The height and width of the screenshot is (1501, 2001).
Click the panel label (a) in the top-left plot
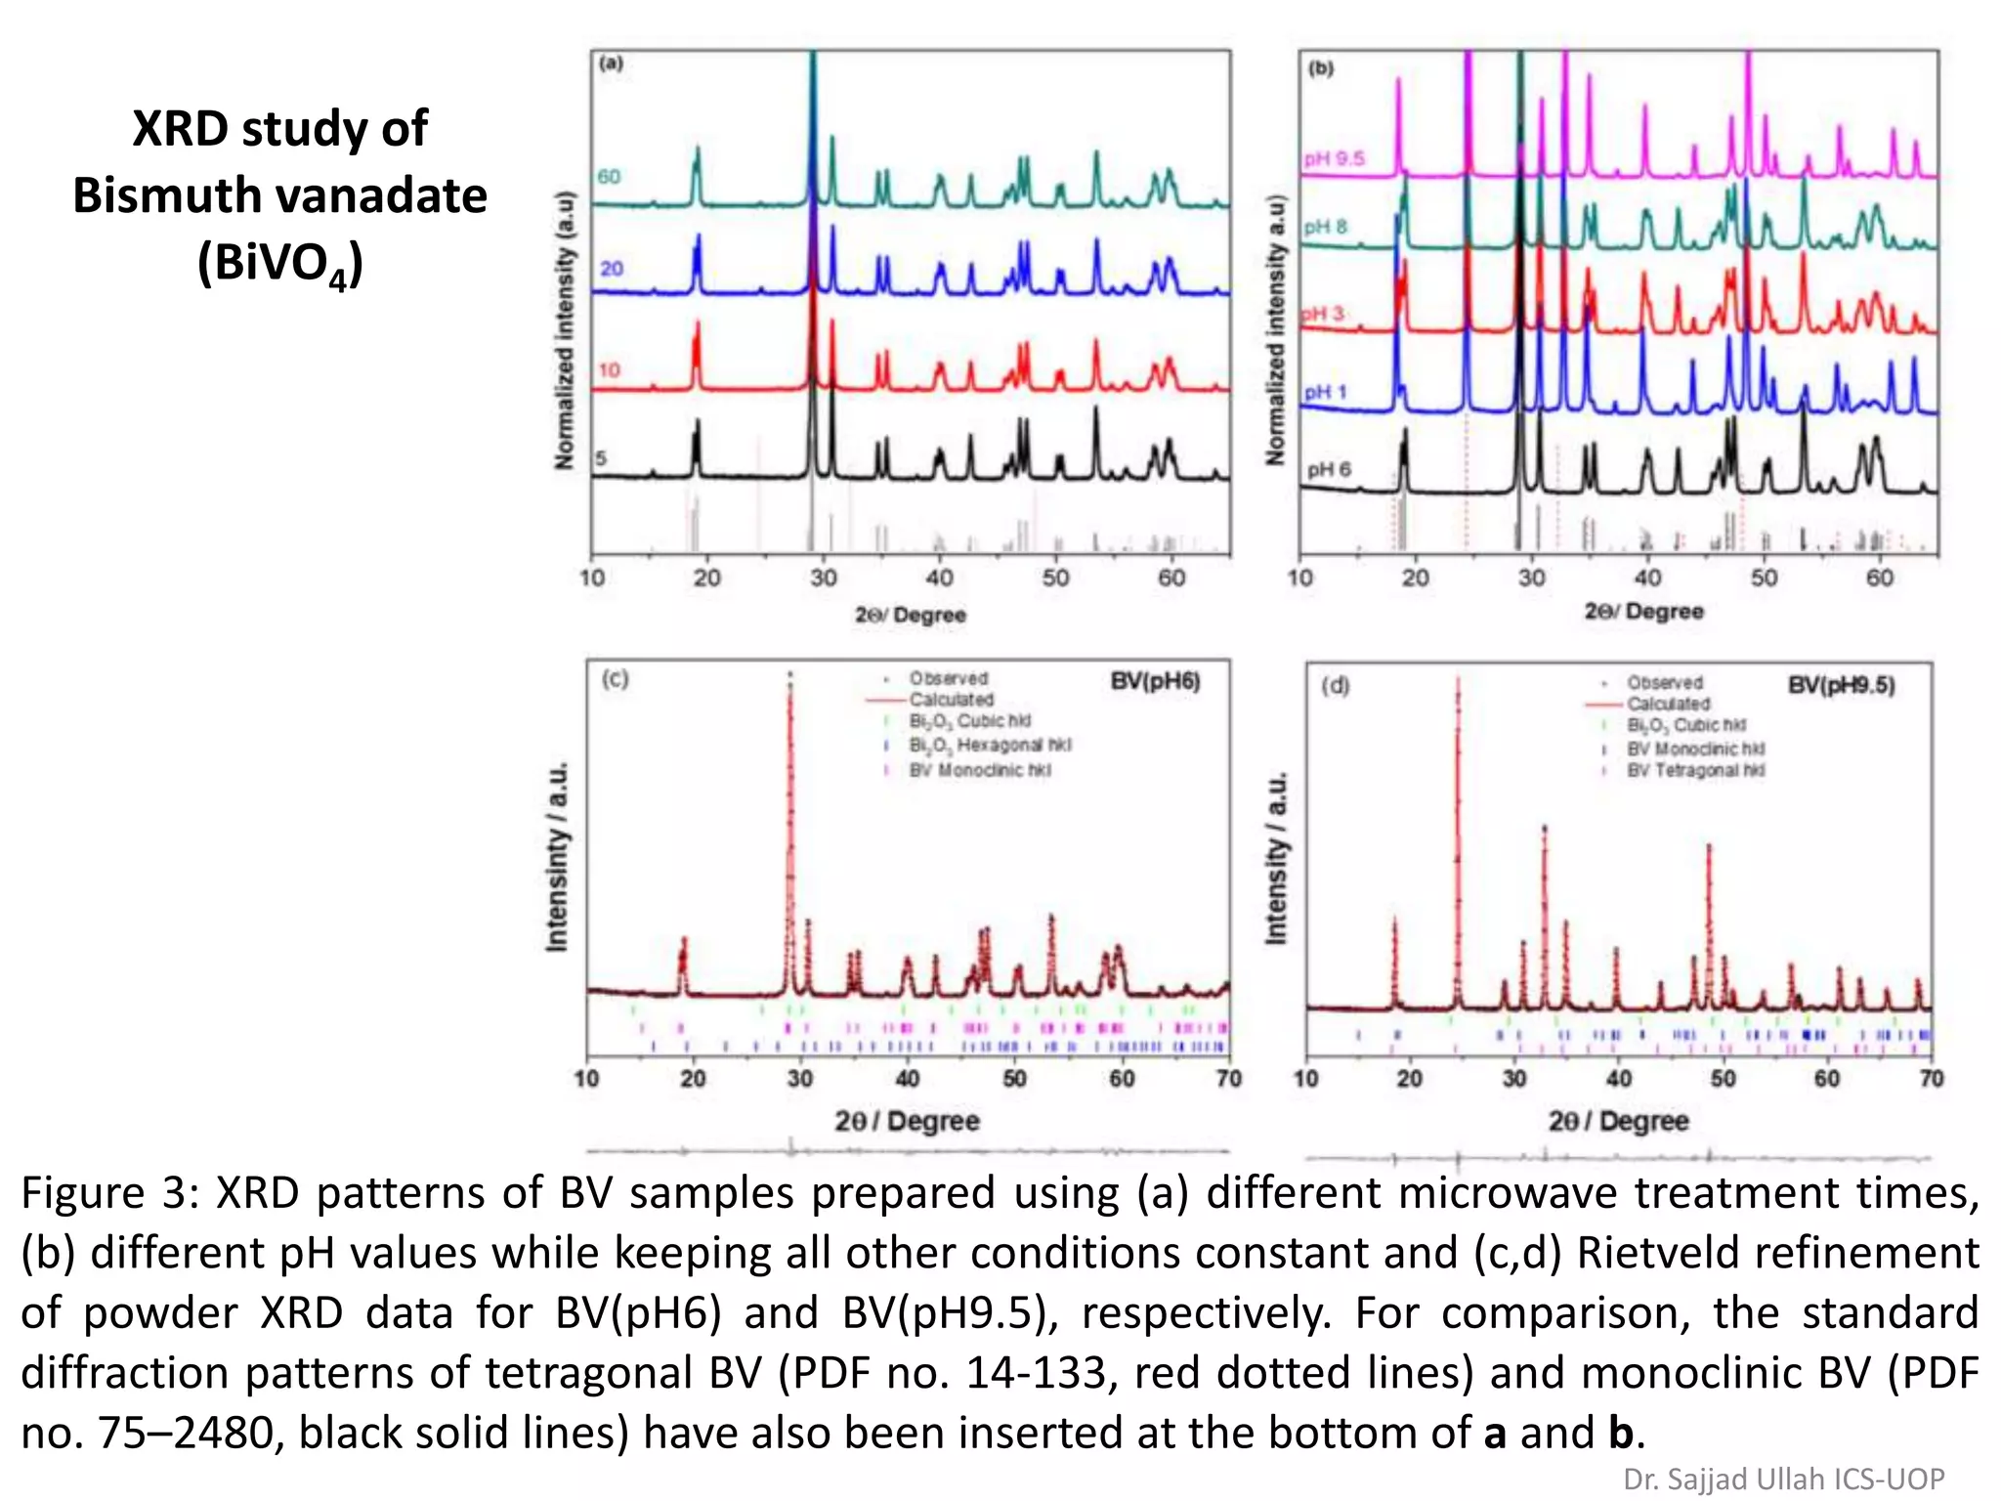click(x=611, y=64)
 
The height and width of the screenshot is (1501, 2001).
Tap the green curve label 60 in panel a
click(x=609, y=177)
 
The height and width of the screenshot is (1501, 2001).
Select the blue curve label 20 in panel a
click(x=612, y=269)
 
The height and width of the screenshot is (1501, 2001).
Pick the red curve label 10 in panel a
click(x=610, y=370)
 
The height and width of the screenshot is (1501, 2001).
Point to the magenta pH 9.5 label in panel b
click(x=1334, y=158)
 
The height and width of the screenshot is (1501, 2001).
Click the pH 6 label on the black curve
click(x=1330, y=469)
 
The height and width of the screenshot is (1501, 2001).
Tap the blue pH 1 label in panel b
click(x=1326, y=392)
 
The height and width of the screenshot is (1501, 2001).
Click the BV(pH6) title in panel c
click(x=1155, y=681)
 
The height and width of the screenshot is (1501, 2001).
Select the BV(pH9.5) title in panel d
click(x=1841, y=685)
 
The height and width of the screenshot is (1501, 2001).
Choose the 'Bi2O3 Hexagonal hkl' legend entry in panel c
click(x=990, y=745)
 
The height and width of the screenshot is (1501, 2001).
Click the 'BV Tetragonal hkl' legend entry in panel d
click(x=1695, y=771)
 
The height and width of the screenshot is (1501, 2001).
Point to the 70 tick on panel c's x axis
click(x=1228, y=1079)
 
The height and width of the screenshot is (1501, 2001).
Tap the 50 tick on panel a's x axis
click(x=1055, y=578)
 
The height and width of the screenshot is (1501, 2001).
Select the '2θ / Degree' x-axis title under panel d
click(x=1618, y=1121)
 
